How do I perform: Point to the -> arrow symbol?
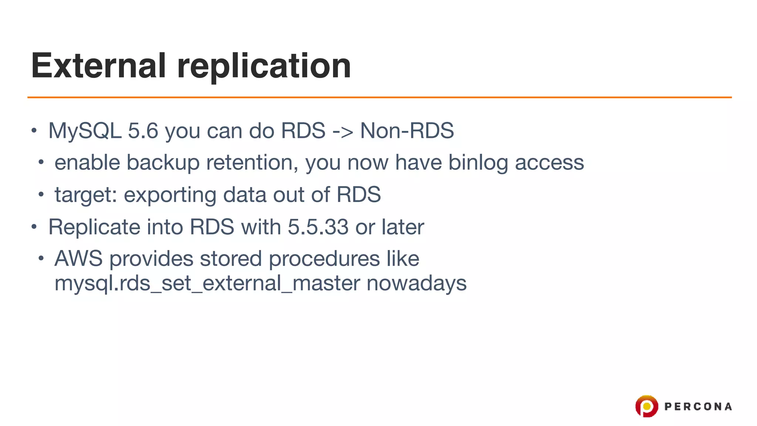[x=343, y=131]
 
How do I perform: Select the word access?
[x=549, y=163]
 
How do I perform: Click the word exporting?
[x=170, y=195]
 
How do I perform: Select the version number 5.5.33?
[x=318, y=227]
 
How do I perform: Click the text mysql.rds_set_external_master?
[x=207, y=284]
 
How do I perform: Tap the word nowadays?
[x=417, y=284]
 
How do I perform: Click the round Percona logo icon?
[x=646, y=406]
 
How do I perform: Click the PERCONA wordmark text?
[x=698, y=407]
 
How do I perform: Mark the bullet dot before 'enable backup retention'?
[x=41, y=162]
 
